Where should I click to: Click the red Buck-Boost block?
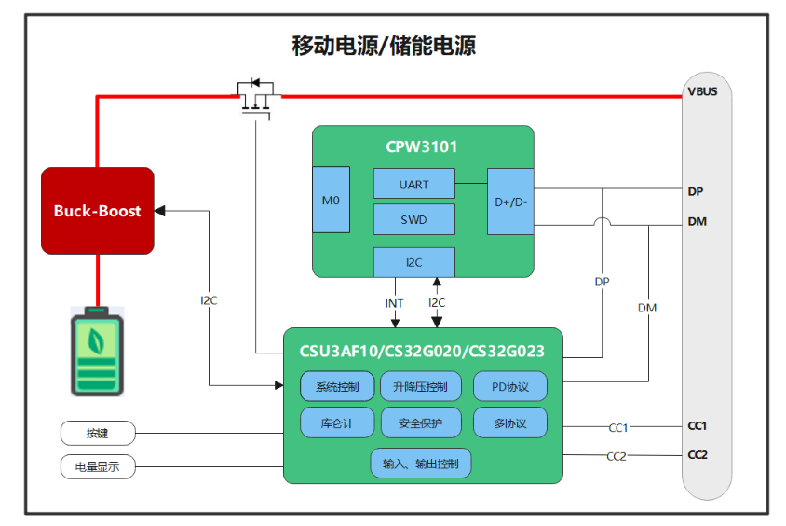point(97,211)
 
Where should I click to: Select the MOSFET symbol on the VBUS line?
point(254,97)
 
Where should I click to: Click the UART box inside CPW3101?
point(413,184)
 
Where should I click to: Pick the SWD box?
point(413,219)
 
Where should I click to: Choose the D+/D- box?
point(510,201)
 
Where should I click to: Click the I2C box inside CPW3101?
point(413,262)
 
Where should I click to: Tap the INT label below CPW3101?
point(394,303)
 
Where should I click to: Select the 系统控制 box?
point(337,387)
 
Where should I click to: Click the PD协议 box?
point(509,387)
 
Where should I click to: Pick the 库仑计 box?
point(337,422)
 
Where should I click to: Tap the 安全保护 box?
point(421,422)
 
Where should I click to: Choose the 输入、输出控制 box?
point(421,464)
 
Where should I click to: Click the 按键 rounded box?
point(98,434)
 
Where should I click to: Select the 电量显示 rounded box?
point(98,466)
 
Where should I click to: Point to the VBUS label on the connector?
point(702,91)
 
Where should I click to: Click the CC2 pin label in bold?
point(698,455)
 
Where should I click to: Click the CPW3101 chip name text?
point(421,146)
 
